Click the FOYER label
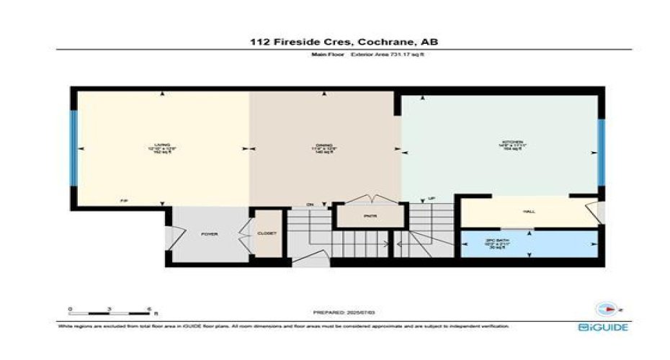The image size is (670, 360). coord(209,234)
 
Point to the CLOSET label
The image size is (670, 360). coord(267,234)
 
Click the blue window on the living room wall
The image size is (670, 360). coord(73,149)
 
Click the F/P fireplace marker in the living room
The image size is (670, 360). coord(123,201)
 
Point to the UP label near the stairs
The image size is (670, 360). coord(432,199)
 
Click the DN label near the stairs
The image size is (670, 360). coord(311,204)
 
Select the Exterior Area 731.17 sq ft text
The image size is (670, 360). coord(388,55)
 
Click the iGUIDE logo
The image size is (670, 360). coord(604,328)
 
